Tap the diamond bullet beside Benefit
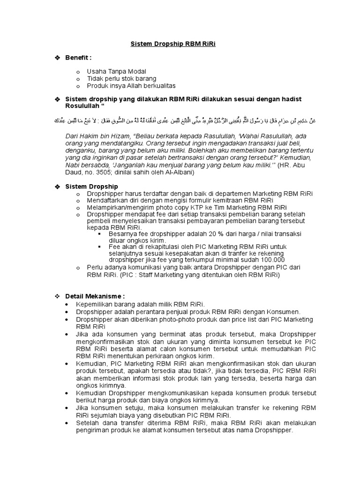pos(58,58)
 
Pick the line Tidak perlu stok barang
pos(121,78)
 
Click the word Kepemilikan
pos(95,304)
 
